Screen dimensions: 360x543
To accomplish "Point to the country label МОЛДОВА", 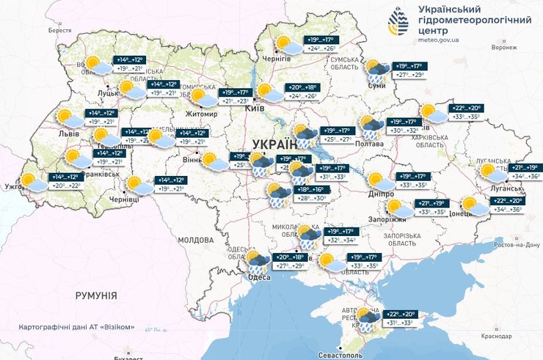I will (x=194, y=240).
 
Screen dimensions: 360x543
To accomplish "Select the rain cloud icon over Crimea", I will (x=366, y=317).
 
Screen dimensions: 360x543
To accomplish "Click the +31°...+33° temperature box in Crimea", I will (x=397, y=323).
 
